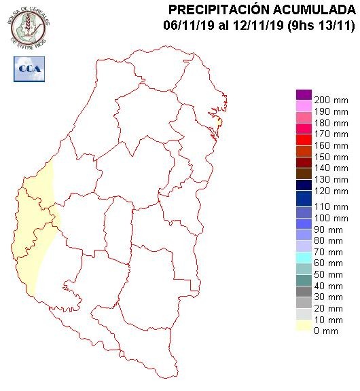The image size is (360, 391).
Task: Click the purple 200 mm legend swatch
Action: click(304, 95)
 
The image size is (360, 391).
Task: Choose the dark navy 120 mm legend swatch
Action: click(304, 185)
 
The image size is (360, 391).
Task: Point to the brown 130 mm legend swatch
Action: click(304, 173)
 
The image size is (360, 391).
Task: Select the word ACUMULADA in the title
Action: click(314, 10)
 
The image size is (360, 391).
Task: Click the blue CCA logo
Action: click(29, 69)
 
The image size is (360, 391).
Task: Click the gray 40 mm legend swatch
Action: click(304, 291)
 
